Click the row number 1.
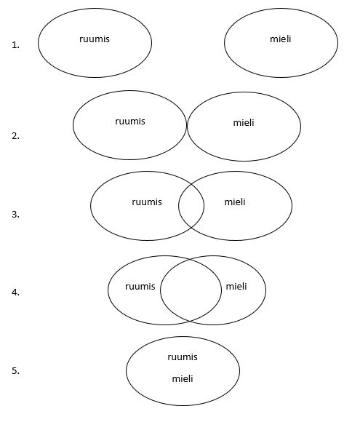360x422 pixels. click(x=15, y=45)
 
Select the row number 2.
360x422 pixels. click(x=15, y=136)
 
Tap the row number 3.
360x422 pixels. click(x=15, y=214)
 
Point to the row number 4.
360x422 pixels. click(x=15, y=292)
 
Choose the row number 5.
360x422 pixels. click(x=15, y=370)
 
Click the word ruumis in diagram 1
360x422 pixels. click(x=95, y=39)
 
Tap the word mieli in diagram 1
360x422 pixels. click(x=280, y=39)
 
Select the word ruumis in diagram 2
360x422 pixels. click(x=130, y=122)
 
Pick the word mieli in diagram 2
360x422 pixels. click(x=244, y=123)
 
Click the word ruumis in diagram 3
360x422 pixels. click(x=147, y=202)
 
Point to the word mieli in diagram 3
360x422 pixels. click(x=235, y=202)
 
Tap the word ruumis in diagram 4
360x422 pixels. click(x=140, y=287)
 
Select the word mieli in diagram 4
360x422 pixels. click(x=236, y=286)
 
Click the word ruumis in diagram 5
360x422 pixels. click(x=183, y=357)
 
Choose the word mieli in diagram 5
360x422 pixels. click(x=183, y=378)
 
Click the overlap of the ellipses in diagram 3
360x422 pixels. click(x=191, y=206)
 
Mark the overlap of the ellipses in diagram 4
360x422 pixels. click(x=191, y=290)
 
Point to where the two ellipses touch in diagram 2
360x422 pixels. click(x=187, y=125)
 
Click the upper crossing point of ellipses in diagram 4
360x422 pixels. click(x=191, y=260)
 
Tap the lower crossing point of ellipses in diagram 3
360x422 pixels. click(x=191, y=228)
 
